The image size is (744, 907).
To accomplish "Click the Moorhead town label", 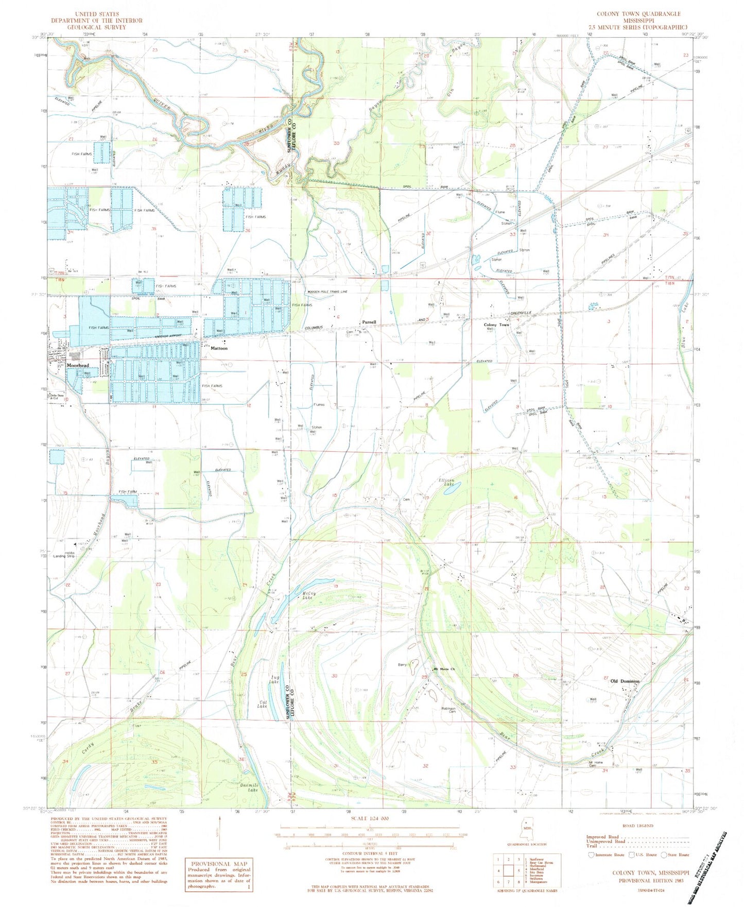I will pos(78,365).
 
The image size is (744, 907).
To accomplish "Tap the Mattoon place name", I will pos(219,348).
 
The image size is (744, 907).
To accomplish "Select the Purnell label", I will pos(369,322).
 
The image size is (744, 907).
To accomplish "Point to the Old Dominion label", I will pos(625,681).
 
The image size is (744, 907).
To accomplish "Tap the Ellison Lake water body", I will pos(446,490).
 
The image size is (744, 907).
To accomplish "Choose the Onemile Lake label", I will pos(249,787).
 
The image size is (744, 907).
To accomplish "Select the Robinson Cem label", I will pos(449,711).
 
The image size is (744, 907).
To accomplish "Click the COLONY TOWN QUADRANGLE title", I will pos(638,14).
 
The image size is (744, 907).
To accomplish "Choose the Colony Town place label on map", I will pos(496,325).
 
